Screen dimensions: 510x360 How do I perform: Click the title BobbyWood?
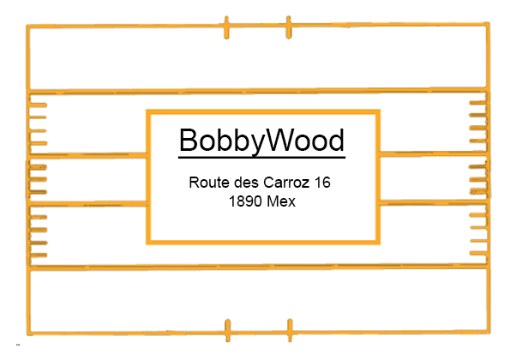point(261,141)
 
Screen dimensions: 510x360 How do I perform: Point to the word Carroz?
point(286,182)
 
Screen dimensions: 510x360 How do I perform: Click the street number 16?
point(322,182)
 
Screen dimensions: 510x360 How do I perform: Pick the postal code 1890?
point(245,201)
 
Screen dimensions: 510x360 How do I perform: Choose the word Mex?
point(281,201)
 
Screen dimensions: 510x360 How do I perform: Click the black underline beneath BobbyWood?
point(261,158)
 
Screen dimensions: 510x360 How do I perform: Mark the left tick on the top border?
point(226,27)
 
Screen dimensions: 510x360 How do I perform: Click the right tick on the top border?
point(289,27)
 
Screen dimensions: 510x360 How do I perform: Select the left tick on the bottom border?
point(228,330)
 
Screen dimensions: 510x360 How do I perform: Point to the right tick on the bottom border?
point(290,330)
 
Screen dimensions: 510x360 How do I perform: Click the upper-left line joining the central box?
point(87,155)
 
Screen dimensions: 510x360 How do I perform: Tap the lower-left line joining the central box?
point(87,204)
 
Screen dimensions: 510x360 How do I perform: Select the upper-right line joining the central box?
point(434,153)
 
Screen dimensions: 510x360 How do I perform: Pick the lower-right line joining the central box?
point(434,202)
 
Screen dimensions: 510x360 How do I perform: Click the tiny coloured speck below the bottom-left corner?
point(18,345)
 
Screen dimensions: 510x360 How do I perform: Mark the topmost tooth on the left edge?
point(38,105)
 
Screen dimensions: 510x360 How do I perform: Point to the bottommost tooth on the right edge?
point(478,253)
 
